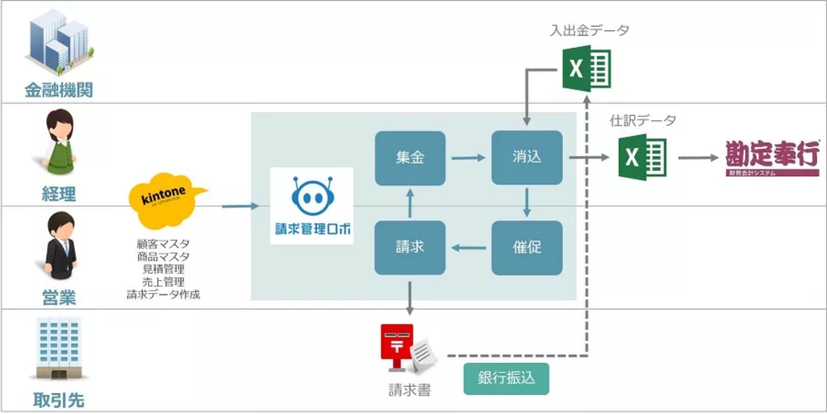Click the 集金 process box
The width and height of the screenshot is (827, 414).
click(410, 158)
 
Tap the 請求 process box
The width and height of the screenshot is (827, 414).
click(410, 247)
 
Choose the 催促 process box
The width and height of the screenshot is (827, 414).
click(526, 247)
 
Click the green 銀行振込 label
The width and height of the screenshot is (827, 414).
click(506, 378)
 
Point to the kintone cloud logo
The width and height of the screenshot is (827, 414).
click(165, 200)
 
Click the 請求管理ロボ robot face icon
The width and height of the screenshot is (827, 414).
click(313, 195)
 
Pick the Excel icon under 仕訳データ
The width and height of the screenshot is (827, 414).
click(642, 157)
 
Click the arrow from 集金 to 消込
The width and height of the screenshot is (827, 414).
click(468, 158)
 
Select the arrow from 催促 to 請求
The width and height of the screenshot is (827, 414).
click(468, 248)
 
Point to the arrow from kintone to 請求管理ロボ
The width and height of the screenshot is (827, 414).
click(240, 206)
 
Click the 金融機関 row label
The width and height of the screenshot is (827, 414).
click(58, 90)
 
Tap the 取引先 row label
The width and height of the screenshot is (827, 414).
click(58, 400)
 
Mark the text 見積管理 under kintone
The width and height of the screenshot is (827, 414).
click(163, 269)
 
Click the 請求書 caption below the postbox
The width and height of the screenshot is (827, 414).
click(409, 390)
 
